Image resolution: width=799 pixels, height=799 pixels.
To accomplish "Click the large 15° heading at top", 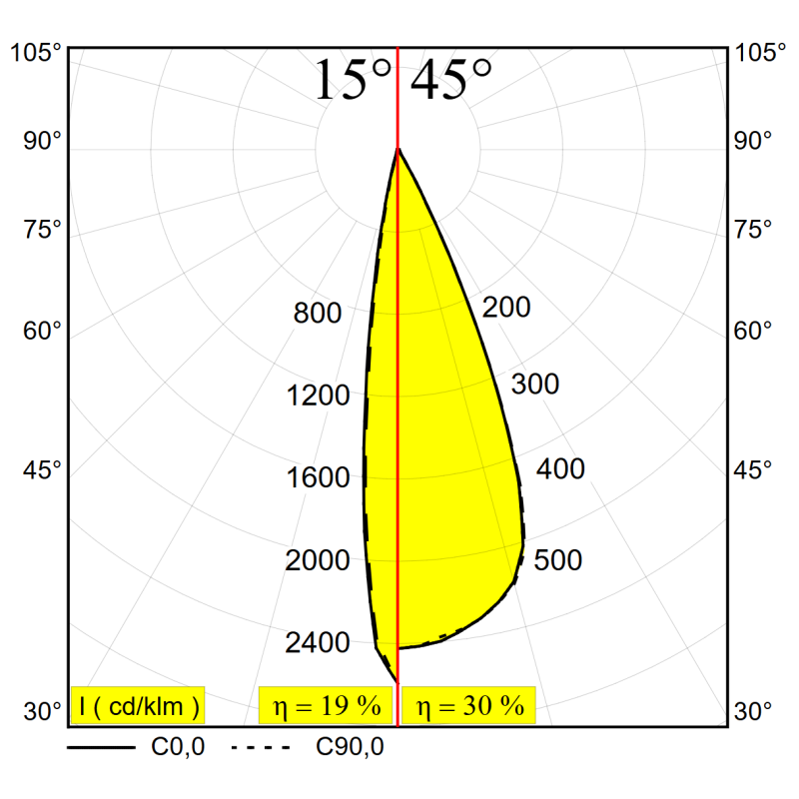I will coord(352,80).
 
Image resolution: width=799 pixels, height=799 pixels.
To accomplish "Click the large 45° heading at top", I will coord(451,80).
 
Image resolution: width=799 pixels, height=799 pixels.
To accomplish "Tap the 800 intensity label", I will coord(318,314).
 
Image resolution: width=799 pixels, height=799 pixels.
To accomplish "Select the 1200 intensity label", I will coord(318,397).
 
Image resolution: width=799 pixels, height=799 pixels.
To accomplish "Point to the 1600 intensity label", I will coord(318,478).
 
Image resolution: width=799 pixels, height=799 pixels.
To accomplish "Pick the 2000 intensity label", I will coord(318,561).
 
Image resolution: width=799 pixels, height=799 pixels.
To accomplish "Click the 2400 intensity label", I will coord(318,643).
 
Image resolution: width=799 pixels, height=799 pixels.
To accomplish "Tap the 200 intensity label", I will coord(506,308).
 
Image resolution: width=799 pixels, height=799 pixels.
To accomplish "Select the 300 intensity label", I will coord(535,385).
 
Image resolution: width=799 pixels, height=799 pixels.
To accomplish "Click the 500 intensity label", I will coord(558,560).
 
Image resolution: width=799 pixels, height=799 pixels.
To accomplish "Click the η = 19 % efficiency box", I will coord(327,706).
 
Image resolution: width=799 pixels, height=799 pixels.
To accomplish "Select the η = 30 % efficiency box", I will coord(469,706).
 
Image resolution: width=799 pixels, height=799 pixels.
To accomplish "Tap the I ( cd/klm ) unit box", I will coord(138,706).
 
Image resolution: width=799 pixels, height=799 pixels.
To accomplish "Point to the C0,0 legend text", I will coord(179,746).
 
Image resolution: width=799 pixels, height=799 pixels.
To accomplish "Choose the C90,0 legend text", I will coord(350,746).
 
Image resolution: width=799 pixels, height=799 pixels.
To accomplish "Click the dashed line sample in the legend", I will coord(261,746).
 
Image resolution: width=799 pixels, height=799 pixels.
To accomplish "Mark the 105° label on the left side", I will coord(36,53).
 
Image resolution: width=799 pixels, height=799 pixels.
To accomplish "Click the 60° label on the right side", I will coord(753,330).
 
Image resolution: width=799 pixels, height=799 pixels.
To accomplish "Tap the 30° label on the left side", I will coord(43,712).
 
